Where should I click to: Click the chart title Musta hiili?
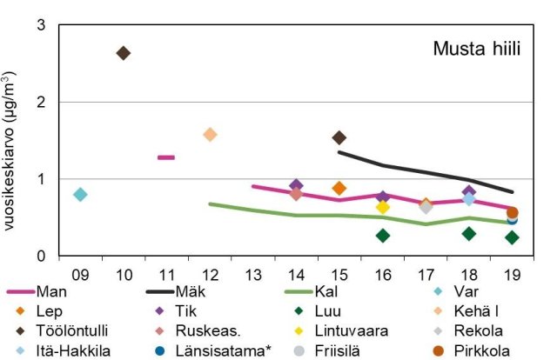(476, 49)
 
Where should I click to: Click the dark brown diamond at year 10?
(123, 53)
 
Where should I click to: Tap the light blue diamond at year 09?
(80, 194)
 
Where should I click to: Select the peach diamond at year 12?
(210, 135)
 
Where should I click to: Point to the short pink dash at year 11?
(166, 157)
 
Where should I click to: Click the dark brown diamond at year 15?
(339, 137)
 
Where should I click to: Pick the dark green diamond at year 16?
(382, 236)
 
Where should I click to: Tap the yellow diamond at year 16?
(382, 207)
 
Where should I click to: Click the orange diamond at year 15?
(339, 188)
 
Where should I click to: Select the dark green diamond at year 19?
(512, 237)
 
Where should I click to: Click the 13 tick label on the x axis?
(252, 275)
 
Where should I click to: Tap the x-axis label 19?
(512, 275)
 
